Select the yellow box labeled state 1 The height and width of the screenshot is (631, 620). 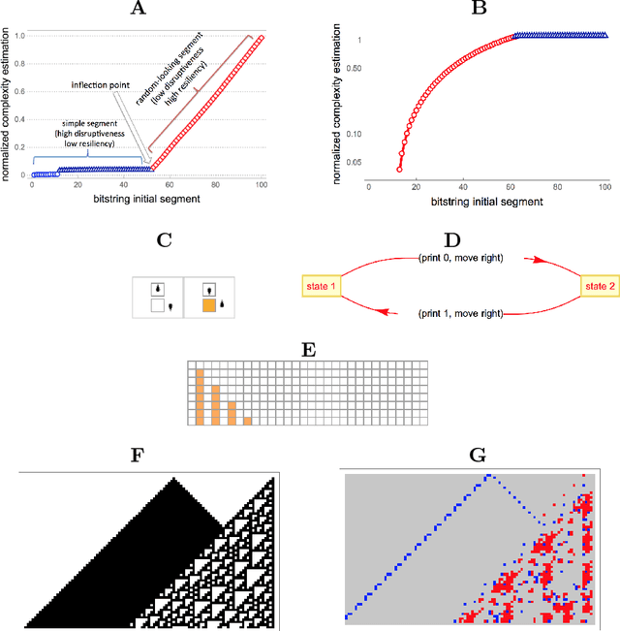tap(321, 285)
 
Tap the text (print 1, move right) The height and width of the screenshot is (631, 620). tap(460, 314)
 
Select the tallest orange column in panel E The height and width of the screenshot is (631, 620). tap(200, 396)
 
